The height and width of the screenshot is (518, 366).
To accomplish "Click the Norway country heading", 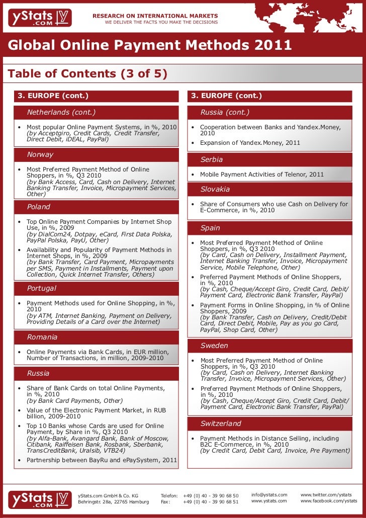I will [x=40, y=154].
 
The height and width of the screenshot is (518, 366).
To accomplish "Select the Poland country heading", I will [x=39, y=207].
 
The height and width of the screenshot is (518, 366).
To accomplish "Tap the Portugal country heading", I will [x=42, y=288].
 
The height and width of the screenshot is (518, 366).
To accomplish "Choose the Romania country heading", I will [x=42, y=337].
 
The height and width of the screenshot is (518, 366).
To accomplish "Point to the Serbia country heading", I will [x=212, y=159].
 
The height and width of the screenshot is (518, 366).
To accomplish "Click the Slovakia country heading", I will [x=215, y=189].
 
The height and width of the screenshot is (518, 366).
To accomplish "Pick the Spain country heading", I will [x=210, y=228].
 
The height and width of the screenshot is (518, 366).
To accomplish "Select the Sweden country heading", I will [x=214, y=346].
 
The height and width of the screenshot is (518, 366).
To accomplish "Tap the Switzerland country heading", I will [x=221, y=423].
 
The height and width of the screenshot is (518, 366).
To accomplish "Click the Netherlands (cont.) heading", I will [x=61, y=112].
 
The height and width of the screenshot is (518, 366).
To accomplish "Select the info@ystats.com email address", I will [x=269, y=495].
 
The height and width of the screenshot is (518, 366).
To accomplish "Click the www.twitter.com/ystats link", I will [x=326, y=495].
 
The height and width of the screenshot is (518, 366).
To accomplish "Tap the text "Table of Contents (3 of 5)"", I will [x=87, y=74].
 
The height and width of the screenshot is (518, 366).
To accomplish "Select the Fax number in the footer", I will [x=211, y=501].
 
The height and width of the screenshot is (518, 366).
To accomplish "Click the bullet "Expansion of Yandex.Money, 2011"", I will [x=250, y=143].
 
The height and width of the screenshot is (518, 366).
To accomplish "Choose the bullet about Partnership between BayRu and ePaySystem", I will [x=102, y=460].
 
